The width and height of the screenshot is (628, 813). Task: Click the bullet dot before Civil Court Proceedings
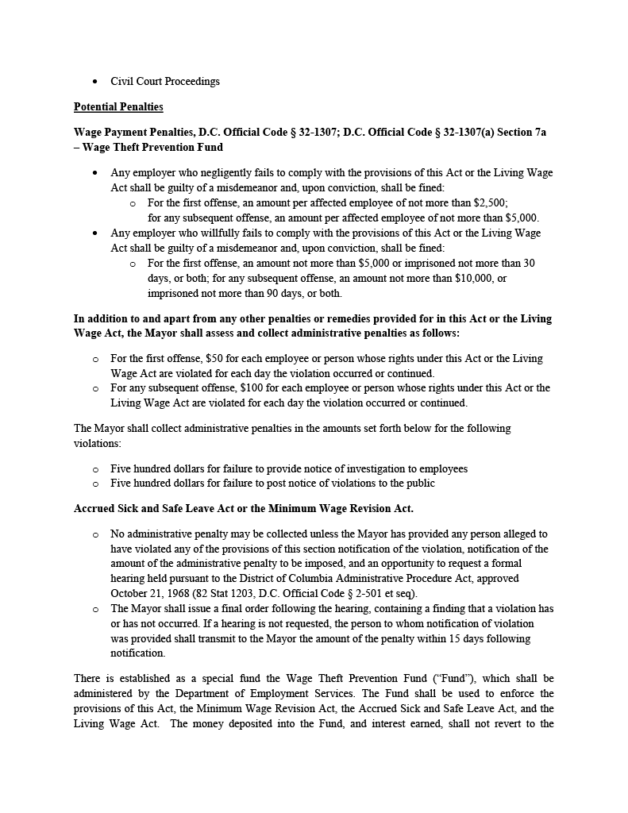pos(95,82)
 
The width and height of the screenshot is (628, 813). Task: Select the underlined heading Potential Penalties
pos(118,107)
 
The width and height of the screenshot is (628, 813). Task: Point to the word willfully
pos(206,233)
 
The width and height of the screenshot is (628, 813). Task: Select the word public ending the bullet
pos(420,484)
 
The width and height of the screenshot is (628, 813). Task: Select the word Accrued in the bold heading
pos(94,508)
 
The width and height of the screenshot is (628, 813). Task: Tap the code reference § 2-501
pos(368,594)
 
